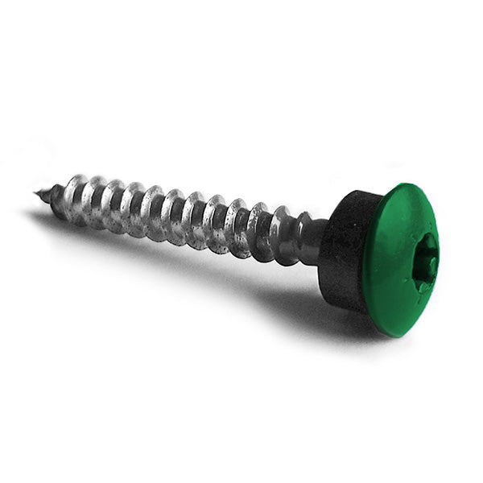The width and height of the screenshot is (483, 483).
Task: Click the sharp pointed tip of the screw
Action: click(x=37, y=192)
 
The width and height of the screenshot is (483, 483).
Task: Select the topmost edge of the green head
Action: click(x=411, y=184)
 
